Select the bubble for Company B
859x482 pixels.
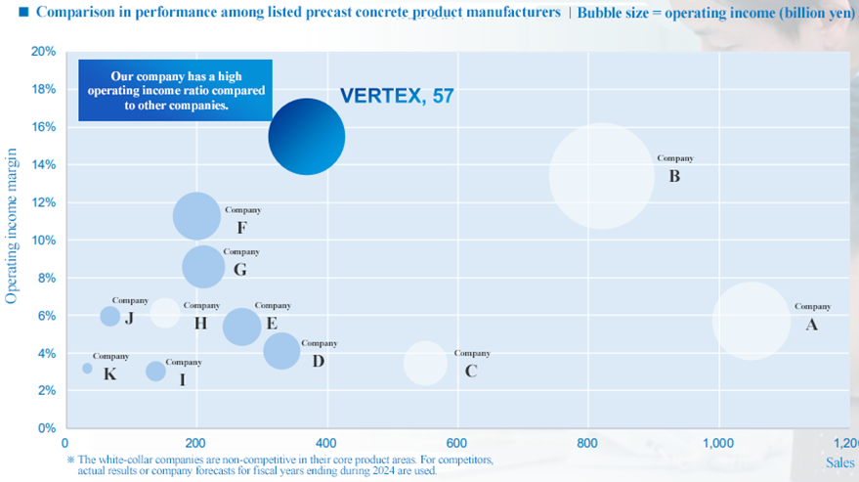coord(602,176)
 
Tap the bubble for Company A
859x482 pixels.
coord(751,321)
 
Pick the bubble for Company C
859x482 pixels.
coord(425,363)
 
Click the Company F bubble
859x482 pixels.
coord(196,216)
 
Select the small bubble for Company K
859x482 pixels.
coord(87,369)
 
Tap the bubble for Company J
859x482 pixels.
coord(110,316)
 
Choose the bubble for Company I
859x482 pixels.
coord(155,372)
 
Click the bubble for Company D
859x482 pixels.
coord(282,350)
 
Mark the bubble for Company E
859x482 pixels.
coord(242,327)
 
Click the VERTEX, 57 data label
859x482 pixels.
coord(397,96)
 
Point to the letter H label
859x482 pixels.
coord(200,324)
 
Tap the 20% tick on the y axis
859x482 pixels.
coord(43,52)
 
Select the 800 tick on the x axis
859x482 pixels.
coord(588,441)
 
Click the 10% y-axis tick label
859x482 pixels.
coord(43,241)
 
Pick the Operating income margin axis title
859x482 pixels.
coord(13,226)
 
